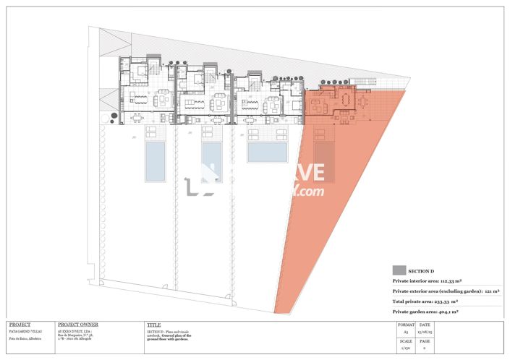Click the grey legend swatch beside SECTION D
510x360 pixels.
[x=399, y=270]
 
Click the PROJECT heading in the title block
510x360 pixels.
[x=20, y=325]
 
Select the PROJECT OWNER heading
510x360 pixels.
[x=77, y=325]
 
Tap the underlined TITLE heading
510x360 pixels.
[x=153, y=325]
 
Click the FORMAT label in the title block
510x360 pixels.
[x=406, y=325]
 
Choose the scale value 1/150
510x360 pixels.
[x=406, y=348]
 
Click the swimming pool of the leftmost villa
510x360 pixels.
[x=156, y=161]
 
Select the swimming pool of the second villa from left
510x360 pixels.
[x=212, y=161]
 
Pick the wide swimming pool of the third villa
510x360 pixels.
[x=268, y=151]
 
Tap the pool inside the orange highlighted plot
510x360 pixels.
[x=324, y=161]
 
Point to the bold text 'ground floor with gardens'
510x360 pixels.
[x=169, y=339]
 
